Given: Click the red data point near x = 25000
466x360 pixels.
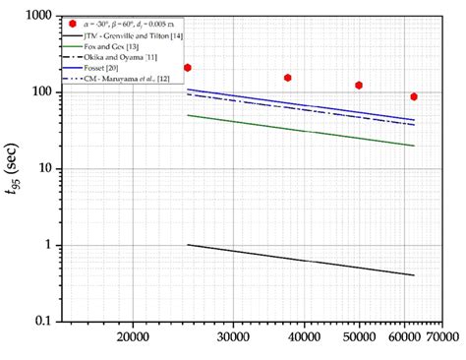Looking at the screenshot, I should pos(188,68).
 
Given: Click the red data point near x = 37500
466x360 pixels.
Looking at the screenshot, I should pos(287,78).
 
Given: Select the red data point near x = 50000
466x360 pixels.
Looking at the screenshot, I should pos(359,86).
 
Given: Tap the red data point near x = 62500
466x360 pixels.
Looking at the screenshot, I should pos(414,96).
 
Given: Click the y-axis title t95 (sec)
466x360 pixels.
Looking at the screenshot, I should pos(13,169).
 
